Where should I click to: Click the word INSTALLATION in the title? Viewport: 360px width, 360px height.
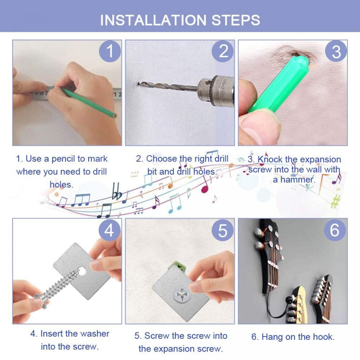coord(153,20)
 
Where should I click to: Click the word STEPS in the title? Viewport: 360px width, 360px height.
coord(235,20)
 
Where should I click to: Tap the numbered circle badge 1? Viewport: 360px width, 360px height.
coord(110,51)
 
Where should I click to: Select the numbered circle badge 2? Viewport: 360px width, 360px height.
coord(223,51)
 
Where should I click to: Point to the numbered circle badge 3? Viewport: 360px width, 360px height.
coord(336,51)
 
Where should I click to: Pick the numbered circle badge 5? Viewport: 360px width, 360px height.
coord(223,230)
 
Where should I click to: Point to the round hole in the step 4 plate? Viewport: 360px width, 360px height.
coord(82,271)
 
